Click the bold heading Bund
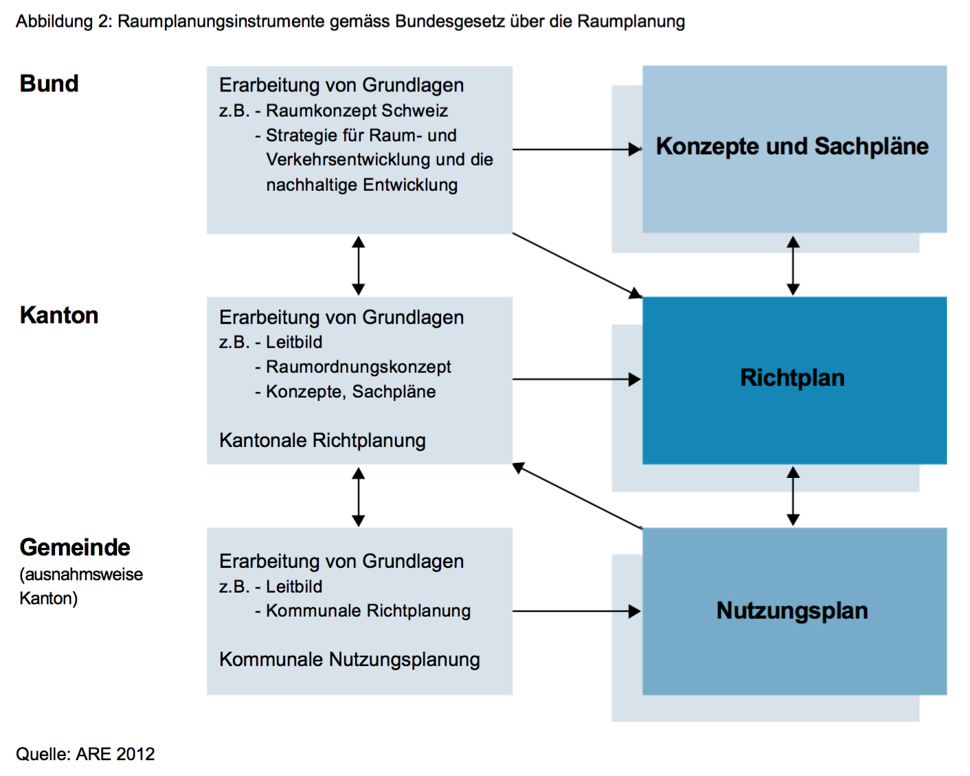(x=49, y=84)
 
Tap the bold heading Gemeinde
(x=75, y=547)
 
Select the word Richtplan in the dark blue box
(x=792, y=378)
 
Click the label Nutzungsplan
(x=792, y=611)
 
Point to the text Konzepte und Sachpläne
(x=792, y=146)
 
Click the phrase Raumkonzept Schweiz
(x=357, y=111)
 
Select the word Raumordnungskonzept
(x=359, y=367)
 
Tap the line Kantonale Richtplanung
(x=322, y=441)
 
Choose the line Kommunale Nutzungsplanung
(x=350, y=660)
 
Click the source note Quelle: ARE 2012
(x=85, y=755)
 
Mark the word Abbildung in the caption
(x=54, y=21)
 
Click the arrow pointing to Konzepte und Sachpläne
(x=578, y=149)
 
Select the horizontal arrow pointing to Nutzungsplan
(x=578, y=611)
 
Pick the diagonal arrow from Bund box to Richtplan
(x=578, y=266)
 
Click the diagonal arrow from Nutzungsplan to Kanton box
(x=578, y=496)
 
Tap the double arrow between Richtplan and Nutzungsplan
(x=793, y=496)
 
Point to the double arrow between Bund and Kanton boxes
(x=359, y=266)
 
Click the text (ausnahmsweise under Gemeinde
(x=81, y=575)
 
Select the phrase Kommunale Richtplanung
(x=368, y=611)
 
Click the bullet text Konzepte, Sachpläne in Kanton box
(x=350, y=392)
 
